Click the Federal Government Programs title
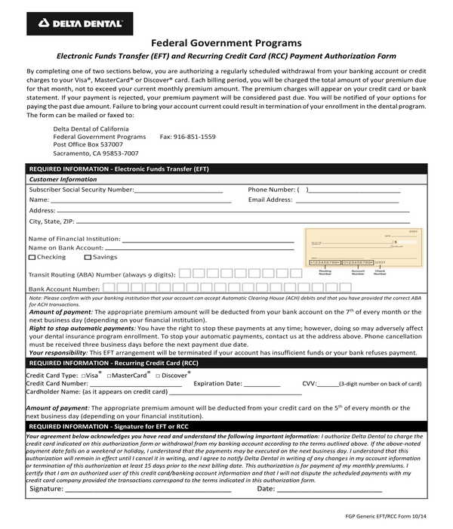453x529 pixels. pyautogui.click(x=226, y=43)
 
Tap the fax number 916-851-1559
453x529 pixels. pyautogui.click(x=188, y=137)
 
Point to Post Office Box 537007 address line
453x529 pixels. pyautogui.click(x=88, y=145)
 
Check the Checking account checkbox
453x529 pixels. pyautogui.click(x=32, y=258)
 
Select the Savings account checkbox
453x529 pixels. pyautogui.click(x=88, y=258)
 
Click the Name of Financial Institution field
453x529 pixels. pyautogui.click(x=208, y=239)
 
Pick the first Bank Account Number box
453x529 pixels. pyautogui.click(x=109, y=288)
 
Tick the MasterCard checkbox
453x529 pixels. pyautogui.click(x=109, y=376)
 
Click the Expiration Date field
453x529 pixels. pyautogui.click(x=262, y=384)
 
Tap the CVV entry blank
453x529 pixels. pyautogui.click(x=328, y=384)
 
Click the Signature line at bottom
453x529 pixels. pyautogui.click(x=147, y=489)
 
